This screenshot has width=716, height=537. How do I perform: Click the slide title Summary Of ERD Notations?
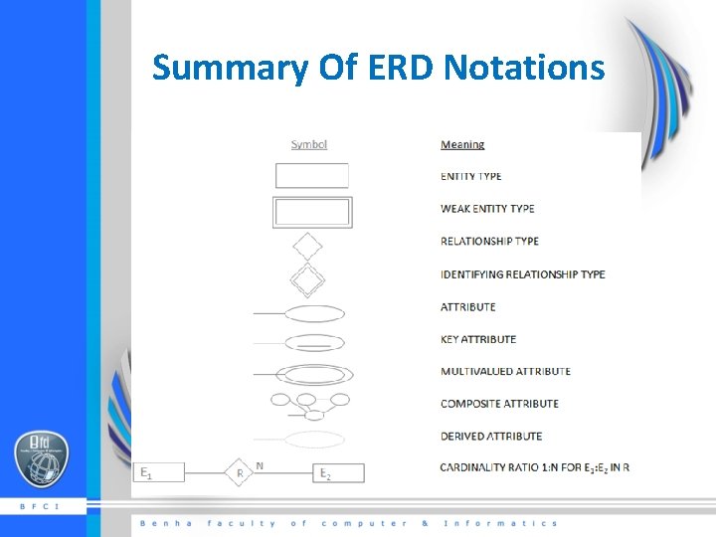pos(378,68)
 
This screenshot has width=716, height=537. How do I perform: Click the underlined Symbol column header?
pos(309,145)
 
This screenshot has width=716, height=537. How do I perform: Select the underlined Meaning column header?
pos(462,145)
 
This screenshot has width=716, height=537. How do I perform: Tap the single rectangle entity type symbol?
pos(311,176)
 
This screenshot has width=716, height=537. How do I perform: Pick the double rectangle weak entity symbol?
pos(311,212)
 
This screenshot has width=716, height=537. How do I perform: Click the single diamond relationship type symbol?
pos(308,245)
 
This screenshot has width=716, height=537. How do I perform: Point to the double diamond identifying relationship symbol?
pos(308,278)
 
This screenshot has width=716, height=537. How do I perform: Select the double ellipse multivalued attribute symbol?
pos(314,374)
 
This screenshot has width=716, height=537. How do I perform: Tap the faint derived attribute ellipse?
pos(315,439)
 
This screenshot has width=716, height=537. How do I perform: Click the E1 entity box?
pos(159,472)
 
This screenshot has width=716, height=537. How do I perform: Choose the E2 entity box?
pos(340,473)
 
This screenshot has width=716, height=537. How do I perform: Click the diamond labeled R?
pos(240,473)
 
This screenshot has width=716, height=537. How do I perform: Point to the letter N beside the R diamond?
pos(261,465)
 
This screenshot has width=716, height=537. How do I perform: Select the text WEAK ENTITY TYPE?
pos(487,209)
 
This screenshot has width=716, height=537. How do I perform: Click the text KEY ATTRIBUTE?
pos(478,339)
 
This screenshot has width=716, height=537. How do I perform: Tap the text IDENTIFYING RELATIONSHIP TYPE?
pos(522,274)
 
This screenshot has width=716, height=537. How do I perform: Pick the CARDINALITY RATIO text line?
pos(535,467)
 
